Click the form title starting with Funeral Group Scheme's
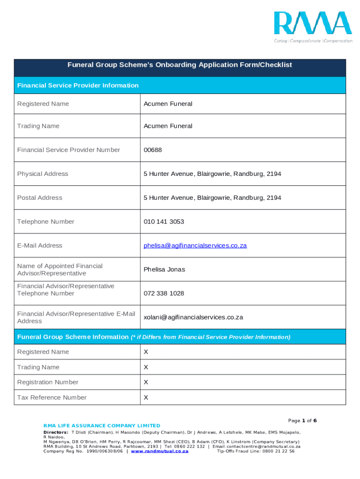coord(180,65)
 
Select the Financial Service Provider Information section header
coord(78,86)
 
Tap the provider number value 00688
coord(153,150)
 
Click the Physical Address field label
coord(43,174)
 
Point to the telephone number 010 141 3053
coord(164,222)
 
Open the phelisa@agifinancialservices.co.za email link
coord(195,246)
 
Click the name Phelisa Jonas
coord(164,269)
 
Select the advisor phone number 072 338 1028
coord(164,293)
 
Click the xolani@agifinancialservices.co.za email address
coord(193,317)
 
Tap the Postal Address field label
coord(40,198)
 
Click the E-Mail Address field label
coord(40,246)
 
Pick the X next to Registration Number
coord(146,382)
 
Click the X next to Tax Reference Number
coord(146,398)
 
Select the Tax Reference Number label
coord(52,398)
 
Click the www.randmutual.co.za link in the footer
coord(159,451)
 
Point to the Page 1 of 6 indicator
coord(302,421)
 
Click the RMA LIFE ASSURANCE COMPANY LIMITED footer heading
coord(101,426)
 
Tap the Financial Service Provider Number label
coord(69,150)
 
